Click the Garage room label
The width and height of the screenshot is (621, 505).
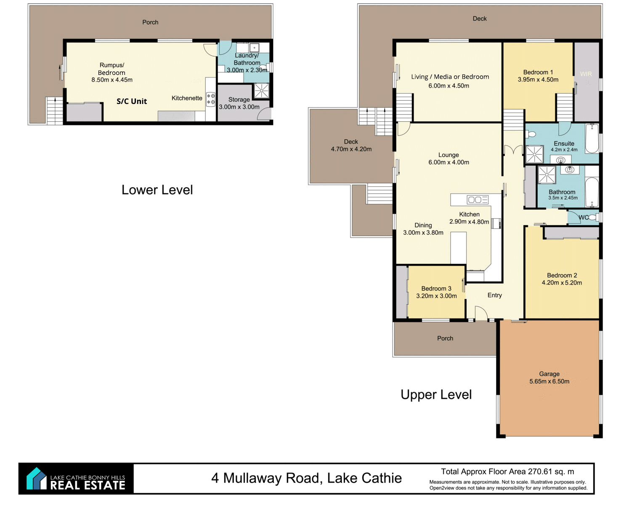[x=549, y=374]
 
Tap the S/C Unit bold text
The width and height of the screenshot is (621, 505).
[x=132, y=101]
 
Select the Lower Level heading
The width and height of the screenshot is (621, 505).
[x=157, y=190]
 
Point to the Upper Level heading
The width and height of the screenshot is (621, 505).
[x=436, y=395]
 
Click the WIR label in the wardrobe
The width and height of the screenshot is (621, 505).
[x=586, y=74]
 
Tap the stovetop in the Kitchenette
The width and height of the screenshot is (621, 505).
[x=211, y=99]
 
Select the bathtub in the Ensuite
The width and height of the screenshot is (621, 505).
[x=592, y=138]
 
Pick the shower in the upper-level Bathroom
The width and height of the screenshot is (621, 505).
[x=547, y=175]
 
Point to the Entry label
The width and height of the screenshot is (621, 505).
[x=494, y=295]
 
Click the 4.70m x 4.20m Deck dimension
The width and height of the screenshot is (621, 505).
[x=351, y=149]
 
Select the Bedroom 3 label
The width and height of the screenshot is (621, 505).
[x=436, y=288]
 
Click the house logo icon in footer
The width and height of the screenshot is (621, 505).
[x=36, y=478]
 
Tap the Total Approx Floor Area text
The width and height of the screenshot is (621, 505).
[x=507, y=471]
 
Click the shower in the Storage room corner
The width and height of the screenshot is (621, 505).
[x=261, y=90]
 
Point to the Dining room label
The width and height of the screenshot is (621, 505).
[x=423, y=225]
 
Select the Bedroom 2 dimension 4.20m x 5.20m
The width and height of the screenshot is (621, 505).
[x=562, y=282]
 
